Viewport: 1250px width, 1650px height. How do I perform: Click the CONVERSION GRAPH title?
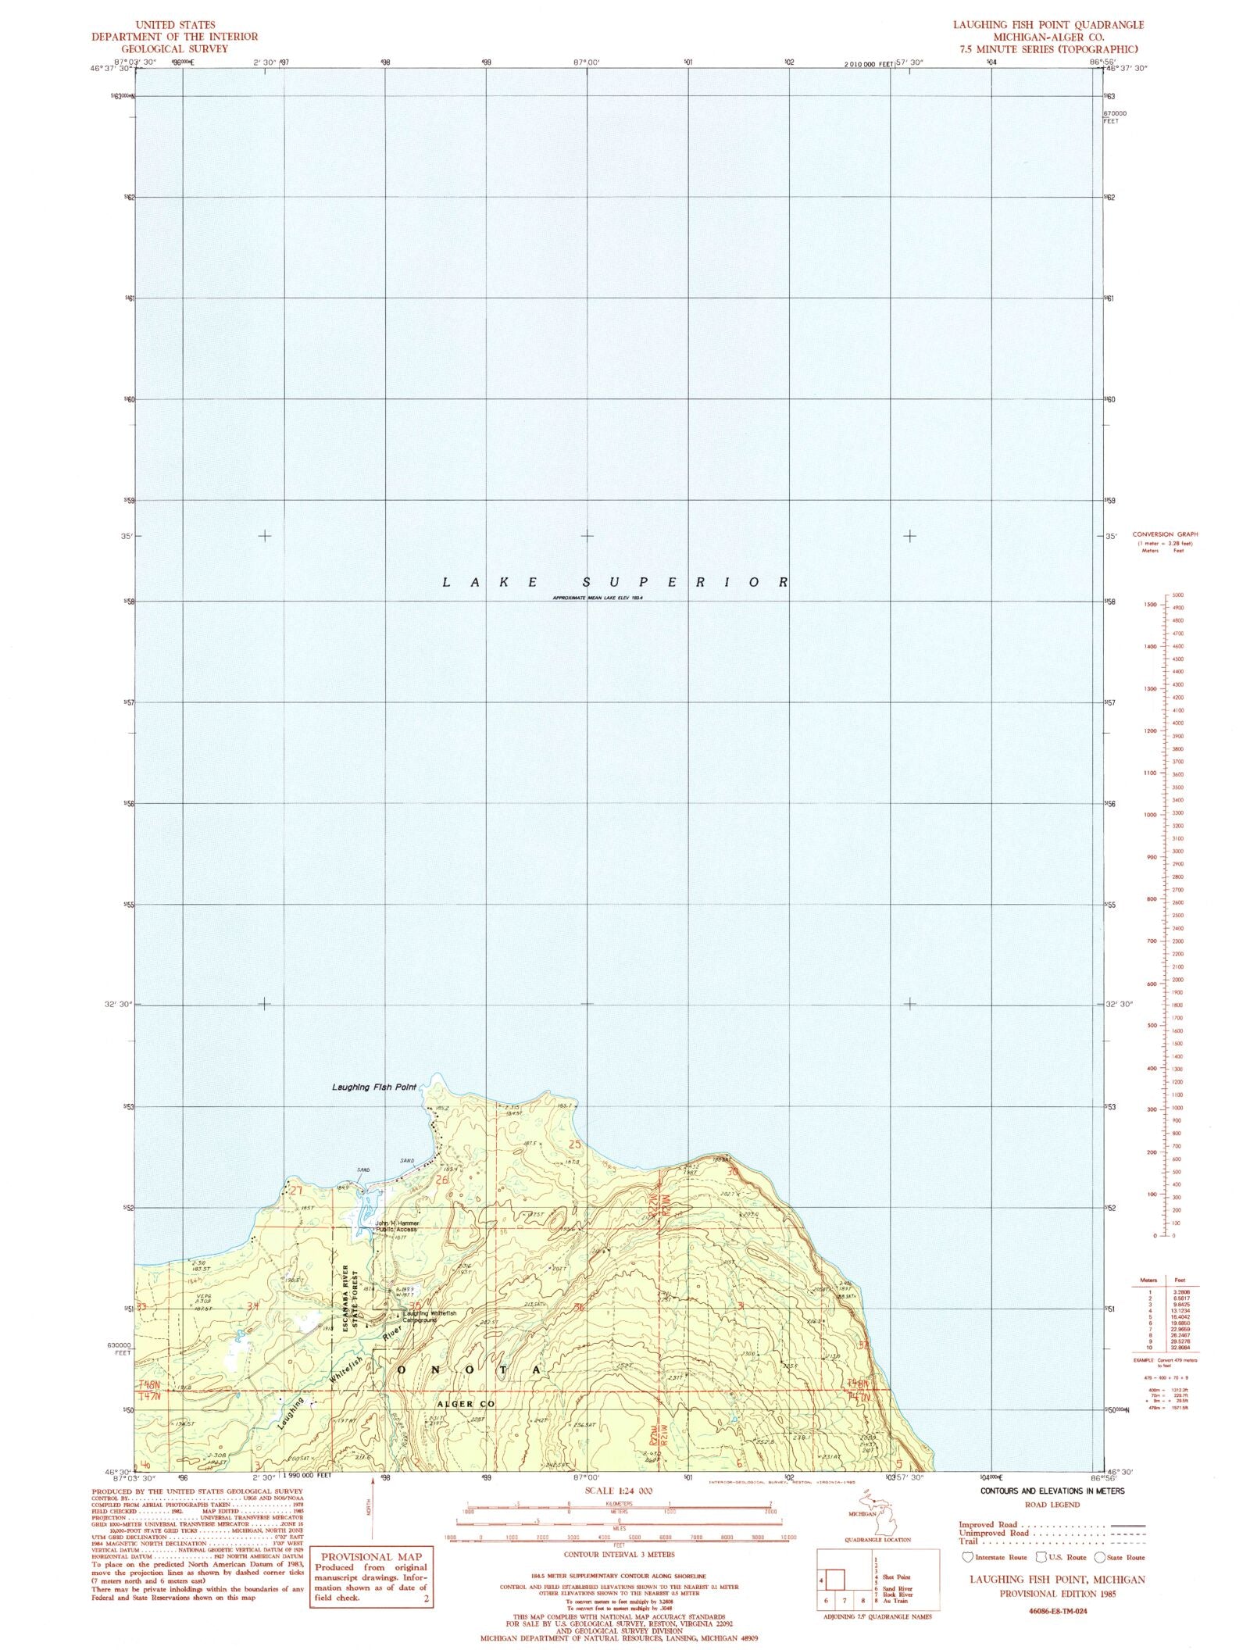coord(1165,534)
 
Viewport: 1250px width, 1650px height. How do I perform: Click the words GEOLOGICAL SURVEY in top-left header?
coord(173,48)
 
